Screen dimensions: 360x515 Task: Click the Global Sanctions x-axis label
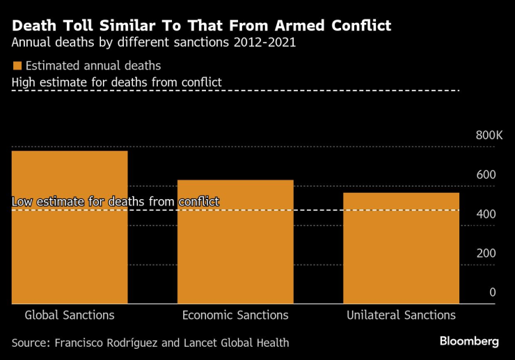point(70,315)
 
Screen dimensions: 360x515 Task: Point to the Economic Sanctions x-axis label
point(235,315)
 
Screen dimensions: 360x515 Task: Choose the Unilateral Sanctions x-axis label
point(401,315)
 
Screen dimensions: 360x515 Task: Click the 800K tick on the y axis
point(489,135)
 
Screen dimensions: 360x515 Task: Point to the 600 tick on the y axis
point(486,174)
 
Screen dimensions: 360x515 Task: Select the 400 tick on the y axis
point(486,214)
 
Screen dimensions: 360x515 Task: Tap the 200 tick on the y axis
point(486,253)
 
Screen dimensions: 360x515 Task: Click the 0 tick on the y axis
point(492,292)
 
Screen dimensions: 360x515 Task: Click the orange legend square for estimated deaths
point(17,66)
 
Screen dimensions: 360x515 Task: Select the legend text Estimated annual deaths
point(93,66)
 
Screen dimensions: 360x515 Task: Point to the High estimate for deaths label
point(117,82)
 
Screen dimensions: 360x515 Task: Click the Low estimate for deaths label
point(116,202)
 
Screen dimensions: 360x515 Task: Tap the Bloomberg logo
point(469,341)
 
